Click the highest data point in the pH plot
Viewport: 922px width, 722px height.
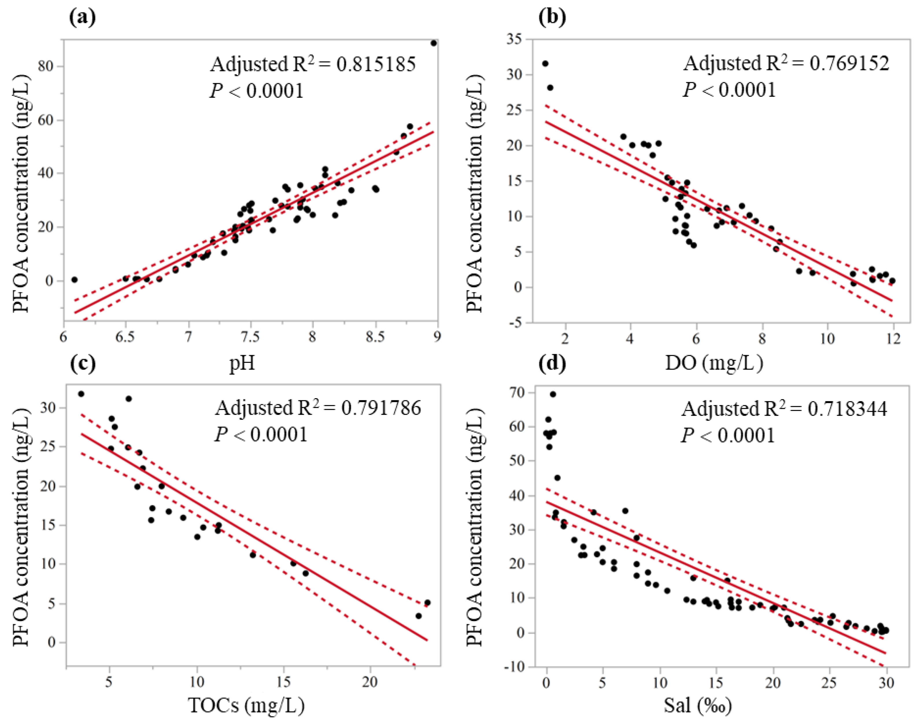coord(433,43)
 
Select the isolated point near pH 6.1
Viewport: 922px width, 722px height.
coord(74,279)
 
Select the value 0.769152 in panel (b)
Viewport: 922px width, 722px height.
coord(849,63)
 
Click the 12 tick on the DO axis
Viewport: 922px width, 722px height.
coord(893,339)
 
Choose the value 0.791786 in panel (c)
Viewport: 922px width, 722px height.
coord(381,408)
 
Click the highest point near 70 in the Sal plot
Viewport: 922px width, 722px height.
coord(553,394)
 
